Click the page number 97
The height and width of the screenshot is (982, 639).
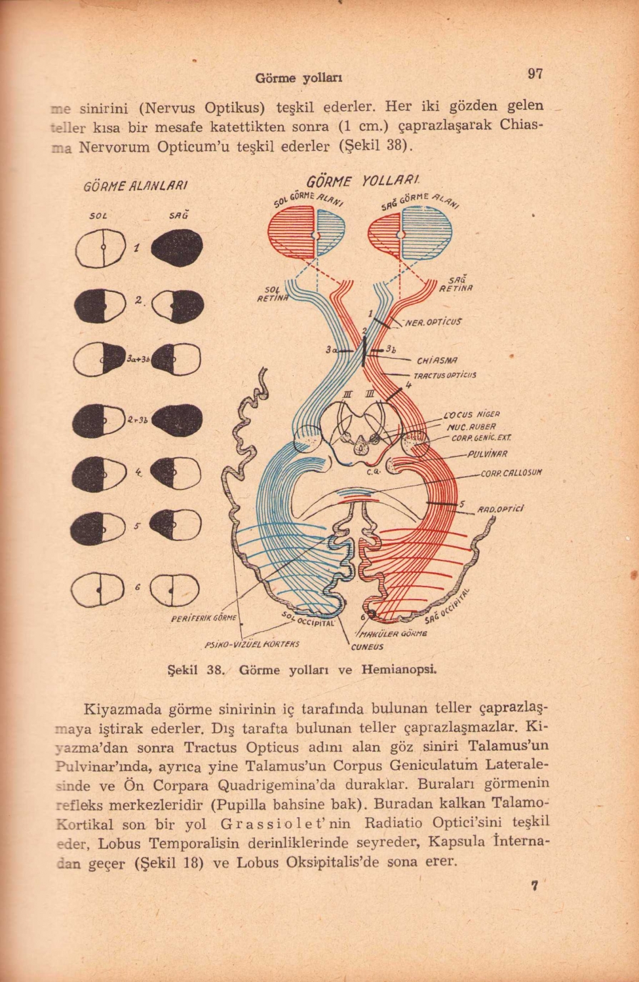tap(535, 74)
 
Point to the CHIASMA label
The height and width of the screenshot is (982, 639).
tap(436, 360)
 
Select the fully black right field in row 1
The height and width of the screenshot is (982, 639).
tap(176, 250)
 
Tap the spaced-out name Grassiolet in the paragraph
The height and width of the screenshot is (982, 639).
tap(282, 822)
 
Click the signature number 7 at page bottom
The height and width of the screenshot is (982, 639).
tap(535, 886)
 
